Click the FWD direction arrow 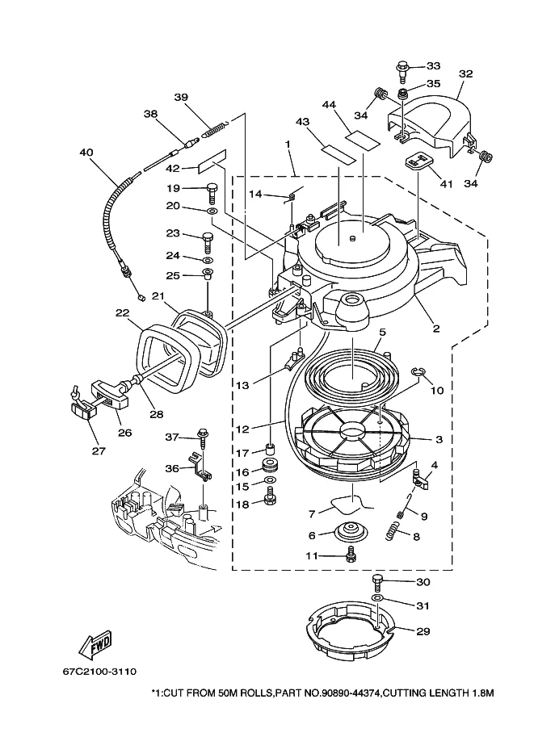[95, 643]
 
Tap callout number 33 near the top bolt [433, 66]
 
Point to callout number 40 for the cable [86, 153]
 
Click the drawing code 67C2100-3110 [99, 671]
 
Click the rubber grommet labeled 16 [270, 465]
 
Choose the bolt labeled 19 [211, 192]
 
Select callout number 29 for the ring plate [423, 630]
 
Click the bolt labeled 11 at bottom [350, 554]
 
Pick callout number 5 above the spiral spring [382, 333]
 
